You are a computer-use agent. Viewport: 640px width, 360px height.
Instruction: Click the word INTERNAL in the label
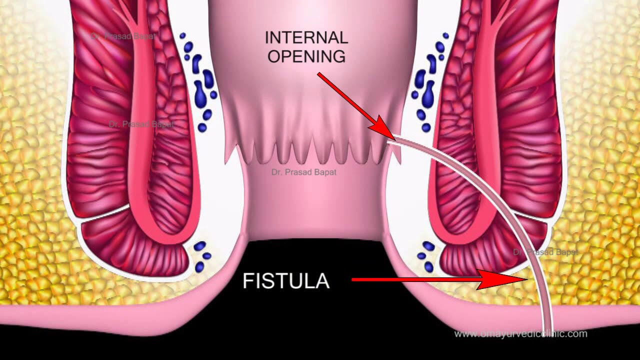[306, 38]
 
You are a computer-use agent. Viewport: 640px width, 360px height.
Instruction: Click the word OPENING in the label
[306, 56]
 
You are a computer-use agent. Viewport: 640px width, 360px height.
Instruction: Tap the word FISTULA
[286, 281]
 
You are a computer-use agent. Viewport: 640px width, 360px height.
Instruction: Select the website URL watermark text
[520, 333]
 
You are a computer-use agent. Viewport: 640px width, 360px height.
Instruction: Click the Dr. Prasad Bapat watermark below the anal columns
[303, 172]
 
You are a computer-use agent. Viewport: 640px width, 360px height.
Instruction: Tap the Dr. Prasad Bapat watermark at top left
[122, 36]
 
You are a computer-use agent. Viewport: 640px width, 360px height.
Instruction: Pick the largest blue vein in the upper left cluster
[201, 92]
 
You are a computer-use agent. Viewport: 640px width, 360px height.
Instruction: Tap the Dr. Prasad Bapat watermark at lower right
[545, 252]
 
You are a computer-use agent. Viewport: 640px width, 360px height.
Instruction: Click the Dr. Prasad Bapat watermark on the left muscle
[141, 124]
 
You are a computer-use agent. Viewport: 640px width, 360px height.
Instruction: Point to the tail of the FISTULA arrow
[354, 279]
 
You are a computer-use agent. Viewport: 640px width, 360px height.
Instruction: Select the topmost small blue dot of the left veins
[182, 36]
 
